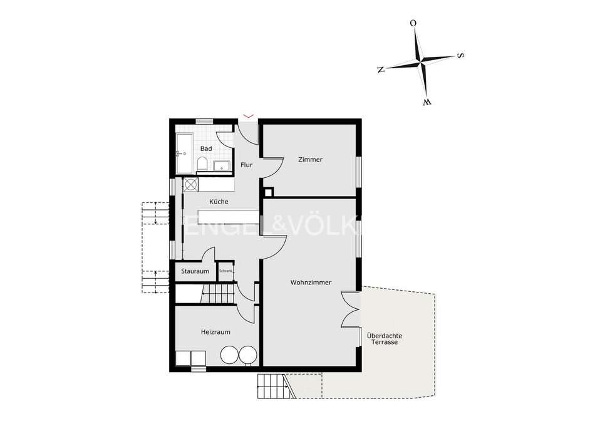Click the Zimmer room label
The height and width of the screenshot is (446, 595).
point(310,160)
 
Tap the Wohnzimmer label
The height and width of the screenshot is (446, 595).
point(310,283)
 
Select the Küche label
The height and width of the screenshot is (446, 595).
point(219,202)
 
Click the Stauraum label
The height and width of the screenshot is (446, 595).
point(194,271)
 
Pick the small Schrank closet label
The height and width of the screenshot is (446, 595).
point(225,271)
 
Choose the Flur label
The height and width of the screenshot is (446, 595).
point(246,165)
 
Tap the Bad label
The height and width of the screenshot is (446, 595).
point(206,148)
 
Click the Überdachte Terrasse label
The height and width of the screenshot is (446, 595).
point(385,340)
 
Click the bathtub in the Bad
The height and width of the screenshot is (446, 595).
point(184,155)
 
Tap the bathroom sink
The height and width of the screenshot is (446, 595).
point(222,166)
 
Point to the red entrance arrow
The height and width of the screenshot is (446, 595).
point(249,115)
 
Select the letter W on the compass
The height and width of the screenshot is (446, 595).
point(427,101)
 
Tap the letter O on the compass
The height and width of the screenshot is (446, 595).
point(413,24)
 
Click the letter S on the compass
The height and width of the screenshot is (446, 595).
point(460,55)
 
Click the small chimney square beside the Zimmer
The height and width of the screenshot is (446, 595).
point(269,193)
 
